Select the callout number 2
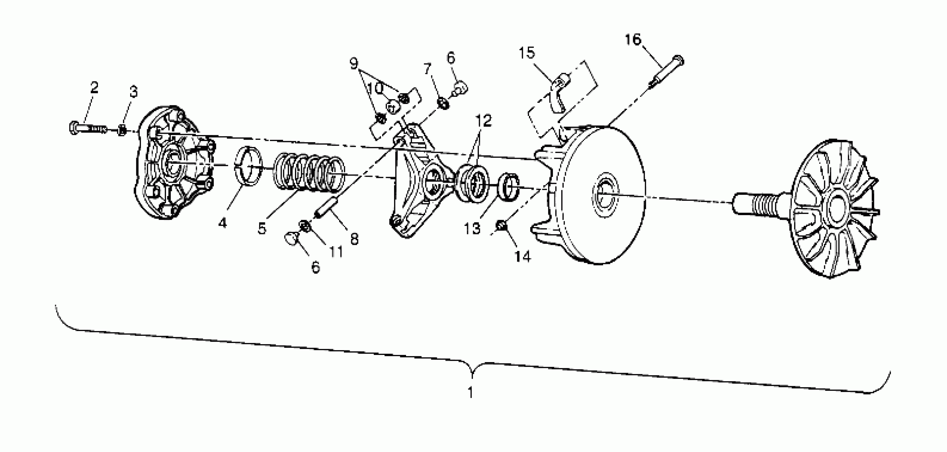click(95, 87)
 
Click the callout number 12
click(483, 120)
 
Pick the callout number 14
click(522, 257)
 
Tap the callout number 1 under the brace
click(471, 392)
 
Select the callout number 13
click(472, 229)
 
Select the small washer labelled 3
click(122, 130)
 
